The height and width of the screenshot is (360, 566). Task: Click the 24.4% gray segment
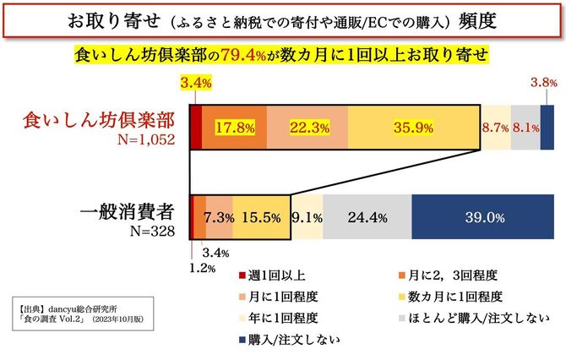[367, 217]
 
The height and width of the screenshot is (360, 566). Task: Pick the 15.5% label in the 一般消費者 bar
[260, 217]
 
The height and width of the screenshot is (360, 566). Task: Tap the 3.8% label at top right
[542, 83]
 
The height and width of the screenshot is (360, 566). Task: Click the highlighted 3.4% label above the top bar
[195, 83]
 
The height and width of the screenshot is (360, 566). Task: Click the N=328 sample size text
[153, 231]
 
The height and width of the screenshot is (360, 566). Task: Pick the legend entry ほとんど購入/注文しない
[476, 318]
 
